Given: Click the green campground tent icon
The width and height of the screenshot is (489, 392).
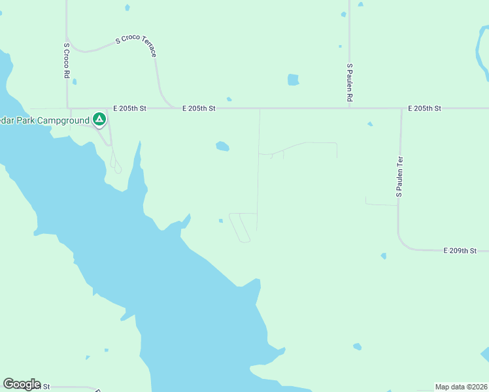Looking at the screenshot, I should point(99,119).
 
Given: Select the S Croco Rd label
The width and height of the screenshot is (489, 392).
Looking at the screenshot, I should point(67,61).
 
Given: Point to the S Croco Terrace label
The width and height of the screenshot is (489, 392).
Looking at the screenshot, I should point(136,46).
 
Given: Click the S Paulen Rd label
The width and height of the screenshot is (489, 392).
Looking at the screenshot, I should point(350,82).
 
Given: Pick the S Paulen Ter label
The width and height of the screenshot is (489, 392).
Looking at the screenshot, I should point(399,176).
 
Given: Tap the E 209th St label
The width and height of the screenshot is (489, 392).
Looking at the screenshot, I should point(460,250).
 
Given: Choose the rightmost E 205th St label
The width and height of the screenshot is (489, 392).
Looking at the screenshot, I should point(425,108).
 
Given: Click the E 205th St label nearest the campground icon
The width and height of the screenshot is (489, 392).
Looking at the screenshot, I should point(130,108).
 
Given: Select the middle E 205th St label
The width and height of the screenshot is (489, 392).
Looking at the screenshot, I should point(199,108).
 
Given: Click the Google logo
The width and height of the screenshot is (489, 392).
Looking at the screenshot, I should point(22,384).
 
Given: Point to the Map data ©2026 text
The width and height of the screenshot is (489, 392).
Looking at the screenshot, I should point(461,386).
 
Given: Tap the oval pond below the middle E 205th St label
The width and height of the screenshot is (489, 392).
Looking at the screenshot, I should point(222,146).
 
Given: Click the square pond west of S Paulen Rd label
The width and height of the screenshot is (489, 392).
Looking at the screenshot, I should point(294,80).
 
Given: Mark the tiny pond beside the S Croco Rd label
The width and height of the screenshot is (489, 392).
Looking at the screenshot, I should point(75,82).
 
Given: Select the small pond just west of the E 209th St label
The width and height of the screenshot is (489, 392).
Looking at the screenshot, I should point(383,256).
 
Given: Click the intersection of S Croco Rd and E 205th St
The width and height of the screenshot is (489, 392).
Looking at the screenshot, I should point(67,108).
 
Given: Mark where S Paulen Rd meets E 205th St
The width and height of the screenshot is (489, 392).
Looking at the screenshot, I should point(350,108).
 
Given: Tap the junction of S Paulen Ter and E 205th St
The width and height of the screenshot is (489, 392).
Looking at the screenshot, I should point(401,108).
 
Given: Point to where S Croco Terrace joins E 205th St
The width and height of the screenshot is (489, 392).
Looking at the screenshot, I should point(171,108).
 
